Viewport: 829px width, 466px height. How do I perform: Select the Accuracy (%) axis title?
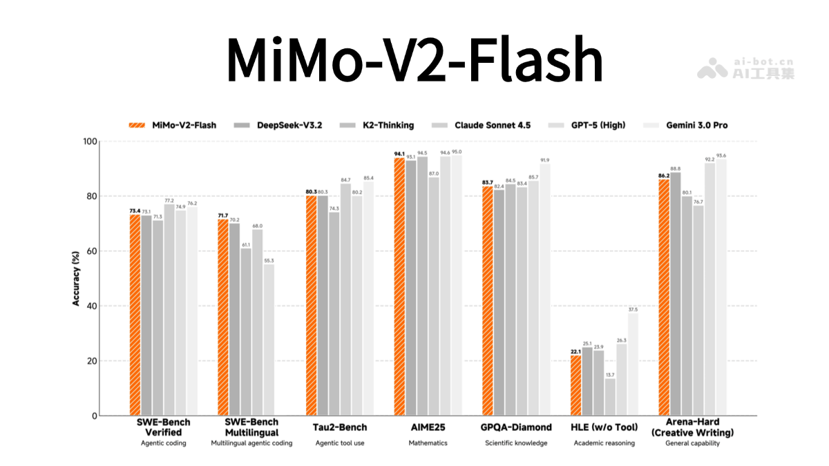(76, 278)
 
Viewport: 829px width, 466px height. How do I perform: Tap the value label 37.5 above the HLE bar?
(633, 309)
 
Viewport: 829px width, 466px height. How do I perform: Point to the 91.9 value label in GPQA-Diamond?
(545, 160)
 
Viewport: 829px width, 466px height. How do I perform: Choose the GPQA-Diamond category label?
(516, 427)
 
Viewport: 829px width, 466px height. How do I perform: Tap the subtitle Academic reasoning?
(604, 443)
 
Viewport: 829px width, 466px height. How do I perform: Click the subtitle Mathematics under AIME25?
(428, 443)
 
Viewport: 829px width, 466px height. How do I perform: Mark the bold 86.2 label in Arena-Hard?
(663, 175)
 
